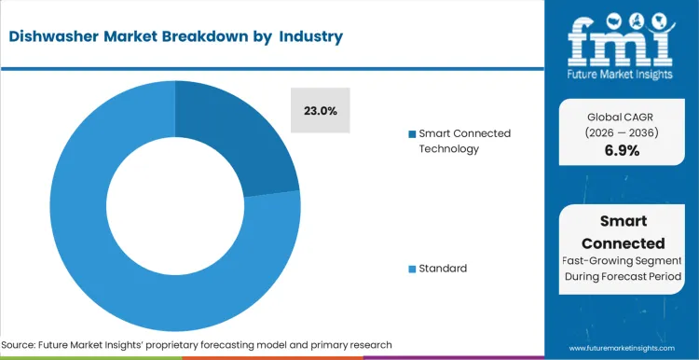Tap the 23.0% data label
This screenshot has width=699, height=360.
321,111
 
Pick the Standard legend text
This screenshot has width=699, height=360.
443,269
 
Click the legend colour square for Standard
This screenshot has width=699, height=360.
412,270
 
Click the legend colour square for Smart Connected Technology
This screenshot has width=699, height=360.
412,134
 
